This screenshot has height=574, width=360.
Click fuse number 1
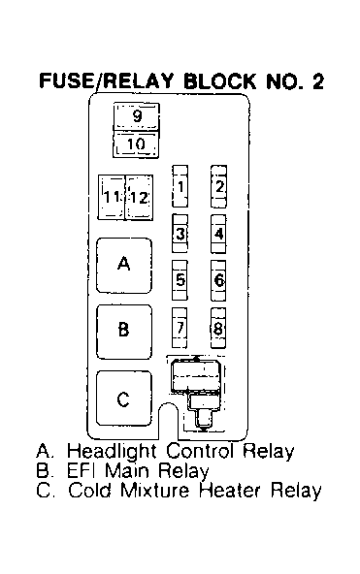180,186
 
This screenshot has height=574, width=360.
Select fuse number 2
218,186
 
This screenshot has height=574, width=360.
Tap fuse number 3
180,233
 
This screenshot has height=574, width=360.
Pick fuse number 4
218,234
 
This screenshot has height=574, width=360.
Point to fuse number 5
180,280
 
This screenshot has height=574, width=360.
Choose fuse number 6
218,280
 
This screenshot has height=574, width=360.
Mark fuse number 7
180,328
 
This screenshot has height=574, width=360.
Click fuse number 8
218,328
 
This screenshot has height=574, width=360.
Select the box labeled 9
136,116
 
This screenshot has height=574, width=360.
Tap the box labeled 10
136,144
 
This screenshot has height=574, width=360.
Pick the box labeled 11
112,198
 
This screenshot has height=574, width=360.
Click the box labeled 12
139,198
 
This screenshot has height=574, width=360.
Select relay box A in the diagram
124,266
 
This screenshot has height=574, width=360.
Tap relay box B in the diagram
124,332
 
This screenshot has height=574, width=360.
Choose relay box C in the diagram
124,399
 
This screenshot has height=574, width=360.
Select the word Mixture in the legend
154,490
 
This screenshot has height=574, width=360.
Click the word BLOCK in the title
220,80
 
